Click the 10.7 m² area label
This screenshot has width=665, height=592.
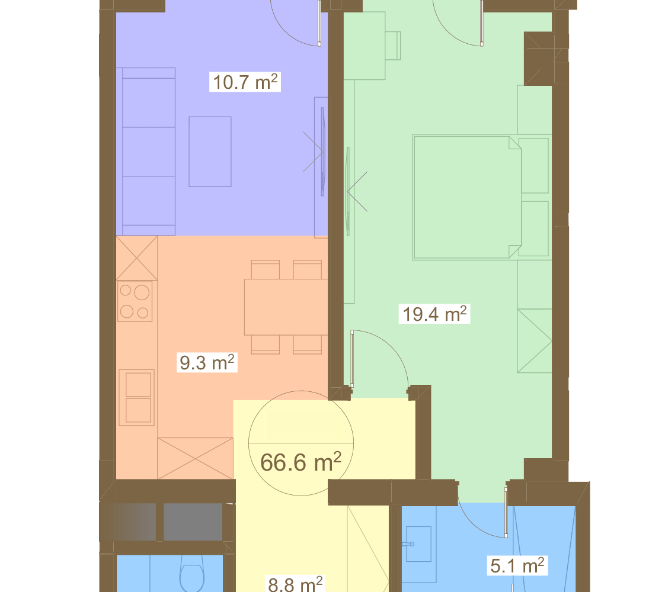245,82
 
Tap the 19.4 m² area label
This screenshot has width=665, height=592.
434,314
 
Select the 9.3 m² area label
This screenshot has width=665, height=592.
207,362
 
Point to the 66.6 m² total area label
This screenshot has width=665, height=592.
300,462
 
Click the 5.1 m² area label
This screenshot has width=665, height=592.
517,565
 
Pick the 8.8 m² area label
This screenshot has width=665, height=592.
295,584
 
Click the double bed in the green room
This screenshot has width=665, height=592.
468,197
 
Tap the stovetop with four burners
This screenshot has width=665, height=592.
135,301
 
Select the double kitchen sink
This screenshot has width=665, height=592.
136,397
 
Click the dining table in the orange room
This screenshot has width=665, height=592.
286,307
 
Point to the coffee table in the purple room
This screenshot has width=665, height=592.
210,152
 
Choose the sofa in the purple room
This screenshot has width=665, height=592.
145,152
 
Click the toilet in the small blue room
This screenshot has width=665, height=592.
191,578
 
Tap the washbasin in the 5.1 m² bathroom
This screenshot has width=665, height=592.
418,543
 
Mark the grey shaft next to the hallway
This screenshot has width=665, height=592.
193,522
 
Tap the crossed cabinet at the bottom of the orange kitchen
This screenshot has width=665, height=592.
195,458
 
